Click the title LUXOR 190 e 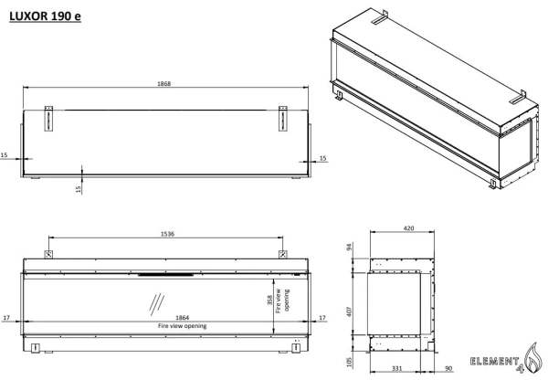coord(45,16)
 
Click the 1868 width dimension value coord(163,83)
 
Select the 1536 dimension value coord(167,234)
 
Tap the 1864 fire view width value coord(182,318)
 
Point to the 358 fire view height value coord(269,300)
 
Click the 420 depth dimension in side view coord(408,228)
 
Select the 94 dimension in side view coord(350,247)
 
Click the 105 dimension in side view coord(350,363)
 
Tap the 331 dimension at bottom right coord(397,368)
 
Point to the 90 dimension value coord(448,368)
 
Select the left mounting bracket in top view coord(48,119)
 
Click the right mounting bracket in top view coord(283,119)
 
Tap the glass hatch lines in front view coord(156,303)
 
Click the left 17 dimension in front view coord(6,318)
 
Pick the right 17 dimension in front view coord(322,318)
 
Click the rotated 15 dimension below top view coord(79,189)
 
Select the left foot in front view coord(36,348)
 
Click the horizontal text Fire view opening coord(182,326)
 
